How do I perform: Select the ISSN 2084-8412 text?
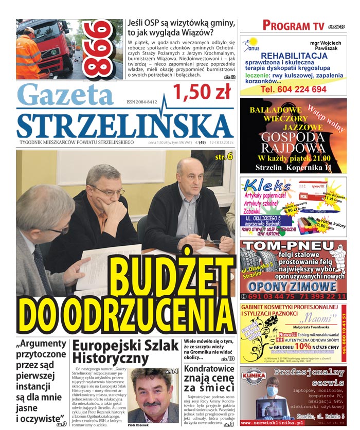141,102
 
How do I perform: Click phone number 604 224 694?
293,89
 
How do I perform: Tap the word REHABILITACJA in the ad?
294,56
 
